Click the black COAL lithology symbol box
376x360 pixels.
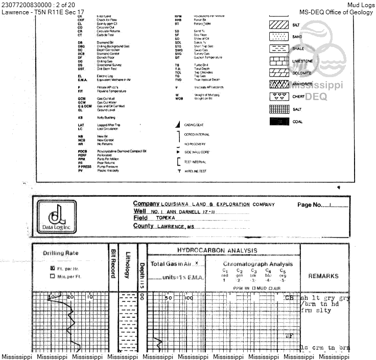pyautogui.click(x=279, y=122)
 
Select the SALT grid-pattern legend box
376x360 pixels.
pyautogui.click(x=279, y=109)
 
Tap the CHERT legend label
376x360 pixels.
pyautogui.click(x=298, y=97)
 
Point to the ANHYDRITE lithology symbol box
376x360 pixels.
pyautogui.click(x=279, y=84)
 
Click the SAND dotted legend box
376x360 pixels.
pyautogui.click(x=279, y=36)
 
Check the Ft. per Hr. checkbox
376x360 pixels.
pyautogui.click(x=52, y=268)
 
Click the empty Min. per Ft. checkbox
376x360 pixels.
pyautogui.click(x=52, y=276)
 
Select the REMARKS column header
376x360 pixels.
pyautogui.click(x=323, y=276)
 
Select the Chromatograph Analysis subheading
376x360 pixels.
pyautogui.click(x=253, y=264)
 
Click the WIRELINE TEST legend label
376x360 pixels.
pyautogui.click(x=196, y=171)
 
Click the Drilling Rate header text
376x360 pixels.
pyautogui.click(x=60, y=253)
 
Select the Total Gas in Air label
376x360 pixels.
pyautogui.click(x=171, y=264)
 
